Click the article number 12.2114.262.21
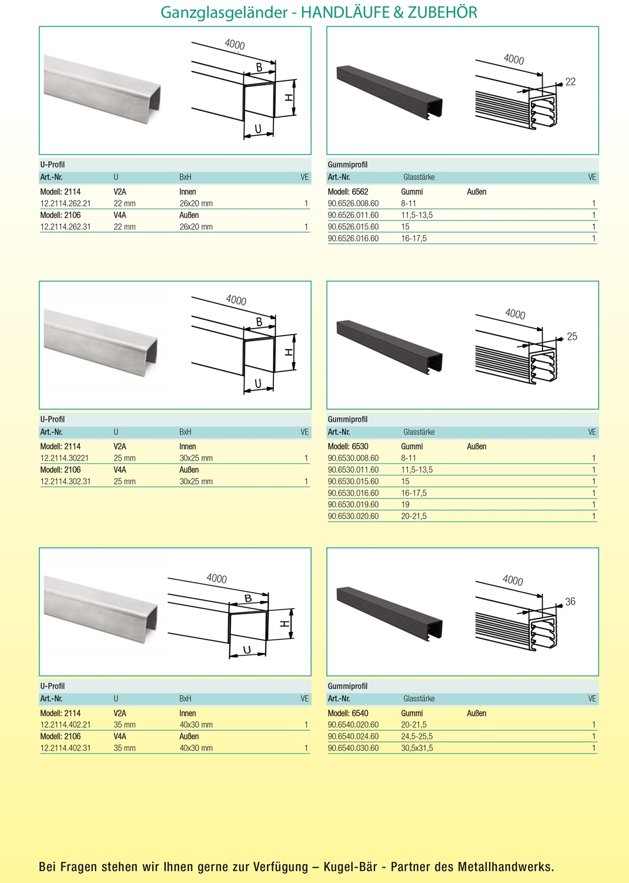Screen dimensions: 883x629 click(65, 203)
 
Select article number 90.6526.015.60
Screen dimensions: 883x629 click(353, 227)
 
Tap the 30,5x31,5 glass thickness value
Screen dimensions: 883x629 click(417, 748)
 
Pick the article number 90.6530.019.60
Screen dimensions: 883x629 click(353, 504)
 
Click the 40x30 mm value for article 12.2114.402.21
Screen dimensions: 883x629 click(196, 725)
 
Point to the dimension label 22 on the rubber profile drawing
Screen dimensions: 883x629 click(570, 82)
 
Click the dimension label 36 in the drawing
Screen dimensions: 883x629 click(570, 601)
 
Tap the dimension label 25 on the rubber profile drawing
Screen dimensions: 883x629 click(572, 336)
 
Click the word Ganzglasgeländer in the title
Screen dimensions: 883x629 click(224, 12)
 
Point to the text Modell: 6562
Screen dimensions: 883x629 click(348, 192)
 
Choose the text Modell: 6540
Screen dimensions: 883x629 click(348, 713)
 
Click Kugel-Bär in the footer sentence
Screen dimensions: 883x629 click(350, 867)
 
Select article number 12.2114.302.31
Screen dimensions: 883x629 click(65, 481)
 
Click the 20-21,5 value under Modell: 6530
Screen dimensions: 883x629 click(414, 516)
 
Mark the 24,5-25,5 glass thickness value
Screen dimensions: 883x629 click(417, 736)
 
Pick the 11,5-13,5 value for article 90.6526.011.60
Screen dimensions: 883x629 click(417, 215)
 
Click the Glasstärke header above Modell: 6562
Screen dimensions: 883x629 click(419, 177)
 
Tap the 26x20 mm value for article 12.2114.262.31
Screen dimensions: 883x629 click(196, 227)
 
